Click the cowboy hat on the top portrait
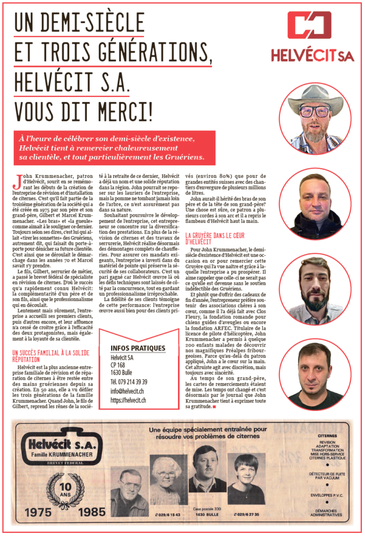(315, 97)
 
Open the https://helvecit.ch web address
(128, 400)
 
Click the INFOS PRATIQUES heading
(138, 348)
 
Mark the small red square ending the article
(214, 406)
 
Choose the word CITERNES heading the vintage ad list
(330, 435)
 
